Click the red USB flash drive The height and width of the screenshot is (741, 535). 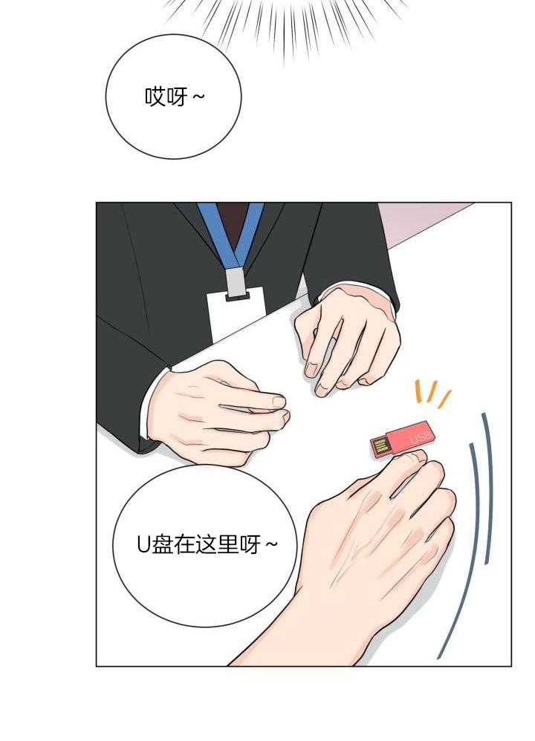pyautogui.click(x=402, y=440)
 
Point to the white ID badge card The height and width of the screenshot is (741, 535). pyautogui.click(x=236, y=316)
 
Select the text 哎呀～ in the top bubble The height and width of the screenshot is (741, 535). pyautogui.click(x=175, y=97)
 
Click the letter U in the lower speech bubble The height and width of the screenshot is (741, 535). pyautogui.click(x=143, y=545)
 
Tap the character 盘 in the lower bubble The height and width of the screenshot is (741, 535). pyautogui.click(x=161, y=545)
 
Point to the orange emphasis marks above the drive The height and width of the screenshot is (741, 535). pyautogui.click(x=432, y=394)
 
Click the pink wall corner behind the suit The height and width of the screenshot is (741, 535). pyautogui.click(x=416, y=222)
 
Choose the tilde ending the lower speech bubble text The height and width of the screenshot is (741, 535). pyautogui.click(x=271, y=545)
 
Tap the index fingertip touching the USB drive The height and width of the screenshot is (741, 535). pyautogui.click(x=413, y=456)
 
